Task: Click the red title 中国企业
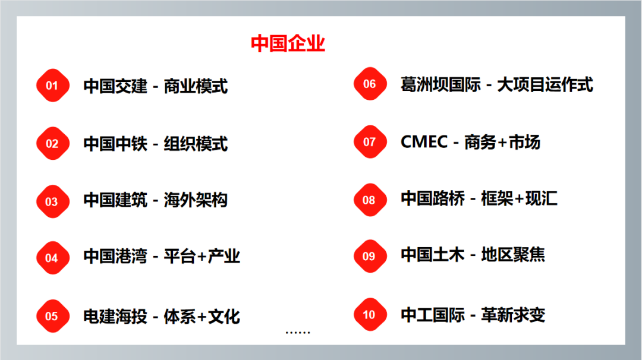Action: click(x=288, y=43)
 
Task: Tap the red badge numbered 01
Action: click(x=52, y=85)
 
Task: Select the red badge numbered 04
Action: click(x=52, y=258)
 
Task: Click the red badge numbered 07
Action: click(x=370, y=141)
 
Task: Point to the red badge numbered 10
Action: click(x=370, y=314)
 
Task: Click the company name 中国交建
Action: click(x=115, y=86)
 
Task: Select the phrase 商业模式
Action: click(x=196, y=86)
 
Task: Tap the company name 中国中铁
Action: click(x=115, y=144)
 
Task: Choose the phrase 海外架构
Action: click(x=196, y=200)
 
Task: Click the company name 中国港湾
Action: click(x=115, y=256)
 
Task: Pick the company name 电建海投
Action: click(x=115, y=316)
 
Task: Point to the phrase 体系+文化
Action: click(x=202, y=316)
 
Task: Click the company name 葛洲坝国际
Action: click(x=440, y=85)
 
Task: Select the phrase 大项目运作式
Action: click(x=545, y=85)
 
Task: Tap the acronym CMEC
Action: click(x=424, y=142)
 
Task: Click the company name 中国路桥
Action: click(x=433, y=198)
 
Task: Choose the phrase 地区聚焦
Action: click(x=513, y=254)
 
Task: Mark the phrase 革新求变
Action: click(x=513, y=315)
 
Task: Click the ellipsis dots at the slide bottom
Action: click(x=298, y=333)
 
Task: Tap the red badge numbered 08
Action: click(x=370, y=200)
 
